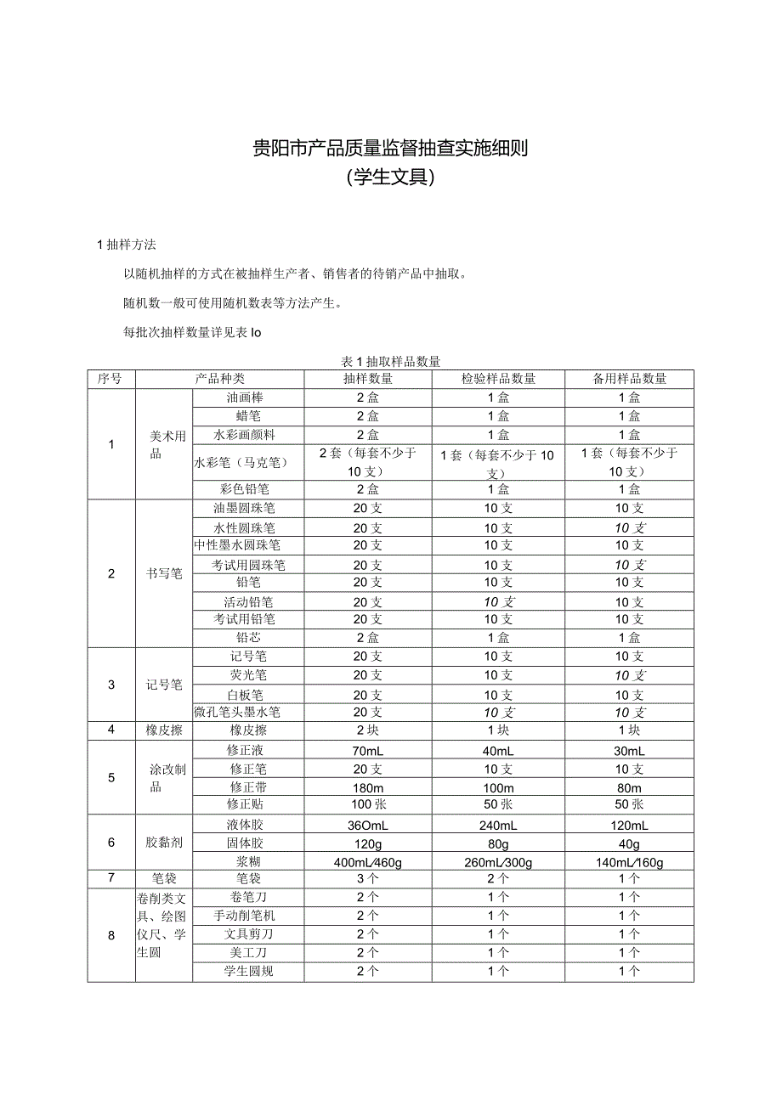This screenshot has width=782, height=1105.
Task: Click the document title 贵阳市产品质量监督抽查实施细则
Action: click(390, 149)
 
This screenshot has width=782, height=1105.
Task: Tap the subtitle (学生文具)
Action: click(390, 178)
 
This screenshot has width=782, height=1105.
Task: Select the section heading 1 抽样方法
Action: click(127, 245)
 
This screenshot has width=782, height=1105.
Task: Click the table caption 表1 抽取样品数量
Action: click(390, 361)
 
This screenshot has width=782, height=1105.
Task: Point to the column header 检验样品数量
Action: click(498, 379)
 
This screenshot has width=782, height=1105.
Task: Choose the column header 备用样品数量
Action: click(629, 379)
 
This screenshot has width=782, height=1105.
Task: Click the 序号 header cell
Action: click(111, 379)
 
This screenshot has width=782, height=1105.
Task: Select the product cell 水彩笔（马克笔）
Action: click(241, 463)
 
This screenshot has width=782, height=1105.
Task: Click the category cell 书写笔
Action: click(164, 573)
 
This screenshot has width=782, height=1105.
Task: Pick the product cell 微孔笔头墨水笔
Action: click(237, 712)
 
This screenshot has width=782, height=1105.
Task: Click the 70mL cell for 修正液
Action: click(368, 751)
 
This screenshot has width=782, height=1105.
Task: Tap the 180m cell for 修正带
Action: click(368, 787)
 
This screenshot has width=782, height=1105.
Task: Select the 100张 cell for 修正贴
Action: click(368, 804)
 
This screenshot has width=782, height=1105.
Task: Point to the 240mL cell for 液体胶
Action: click(498, 826)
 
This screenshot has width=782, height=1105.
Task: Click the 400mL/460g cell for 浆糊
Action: click(368, 863)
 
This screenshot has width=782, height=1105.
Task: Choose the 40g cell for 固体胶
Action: click(629, 844)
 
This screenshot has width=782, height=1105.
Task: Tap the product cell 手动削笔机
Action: click(244, 916)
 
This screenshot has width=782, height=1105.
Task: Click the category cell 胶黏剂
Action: click(164, 843)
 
